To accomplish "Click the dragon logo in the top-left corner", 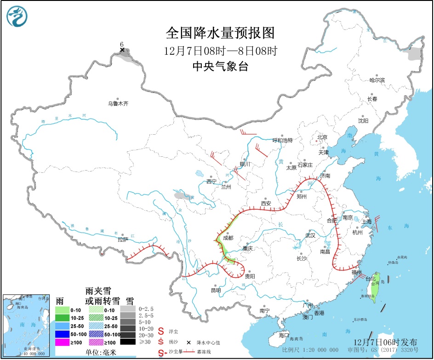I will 17,17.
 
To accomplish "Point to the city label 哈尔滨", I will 377,80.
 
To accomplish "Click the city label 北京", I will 322,137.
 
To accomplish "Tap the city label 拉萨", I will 122,240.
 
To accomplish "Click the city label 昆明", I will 216,290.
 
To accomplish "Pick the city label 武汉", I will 310,235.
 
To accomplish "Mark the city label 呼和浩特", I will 282,140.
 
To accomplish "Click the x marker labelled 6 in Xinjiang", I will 122,50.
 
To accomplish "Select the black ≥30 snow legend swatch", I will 129,342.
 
